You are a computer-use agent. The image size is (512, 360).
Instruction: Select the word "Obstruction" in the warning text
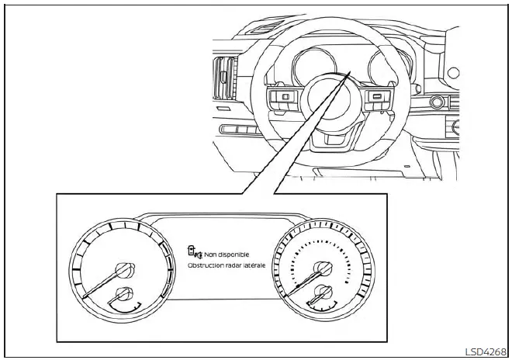204,265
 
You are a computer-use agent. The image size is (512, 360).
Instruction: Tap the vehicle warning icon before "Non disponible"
194,252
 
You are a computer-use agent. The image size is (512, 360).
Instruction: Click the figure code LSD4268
487,351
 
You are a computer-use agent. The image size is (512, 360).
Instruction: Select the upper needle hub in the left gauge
122,270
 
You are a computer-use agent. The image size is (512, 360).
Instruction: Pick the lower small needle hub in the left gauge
122,294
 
